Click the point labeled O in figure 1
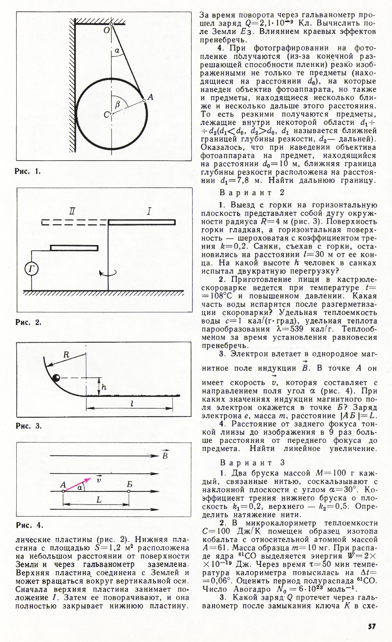pos(111,24)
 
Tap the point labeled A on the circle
pos(144,101)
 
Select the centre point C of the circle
pos(111,114)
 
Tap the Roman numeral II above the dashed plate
pos(72,211)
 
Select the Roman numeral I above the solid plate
pos(149,211)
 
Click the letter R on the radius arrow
pos(66,355)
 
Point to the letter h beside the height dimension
pos(104,387)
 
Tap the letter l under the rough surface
pos(132,404)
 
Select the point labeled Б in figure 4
pos(129,491)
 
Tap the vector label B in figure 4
pos(165,455)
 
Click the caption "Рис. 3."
pos(29,426)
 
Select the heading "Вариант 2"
pos(252,193)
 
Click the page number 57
pos(372,626)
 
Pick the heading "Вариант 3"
pos(252,463)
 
